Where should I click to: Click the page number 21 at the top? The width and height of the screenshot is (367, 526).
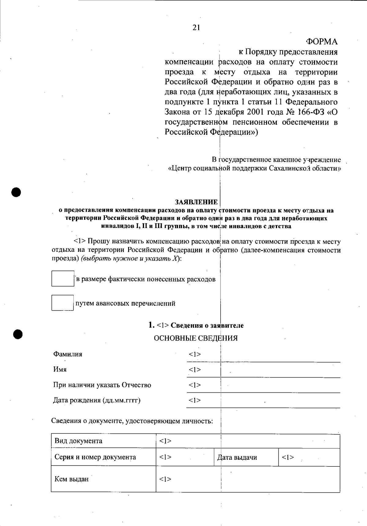(196, 28)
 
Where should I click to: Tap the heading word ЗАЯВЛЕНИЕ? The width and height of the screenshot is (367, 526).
(196, 202)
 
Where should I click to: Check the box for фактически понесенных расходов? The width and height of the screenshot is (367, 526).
(63, 278)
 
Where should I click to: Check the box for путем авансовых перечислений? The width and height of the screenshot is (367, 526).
(63, 303)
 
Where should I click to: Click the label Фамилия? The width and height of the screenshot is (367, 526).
(68, 354)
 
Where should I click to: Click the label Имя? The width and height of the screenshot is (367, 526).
(60, 369)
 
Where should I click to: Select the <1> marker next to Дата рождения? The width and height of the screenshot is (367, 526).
(195, 400)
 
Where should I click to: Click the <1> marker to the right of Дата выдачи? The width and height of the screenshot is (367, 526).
(288, 457)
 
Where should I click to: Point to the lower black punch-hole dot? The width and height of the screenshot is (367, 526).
(18, 334)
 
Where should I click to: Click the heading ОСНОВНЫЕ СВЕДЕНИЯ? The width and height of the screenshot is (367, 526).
(195, 338)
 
